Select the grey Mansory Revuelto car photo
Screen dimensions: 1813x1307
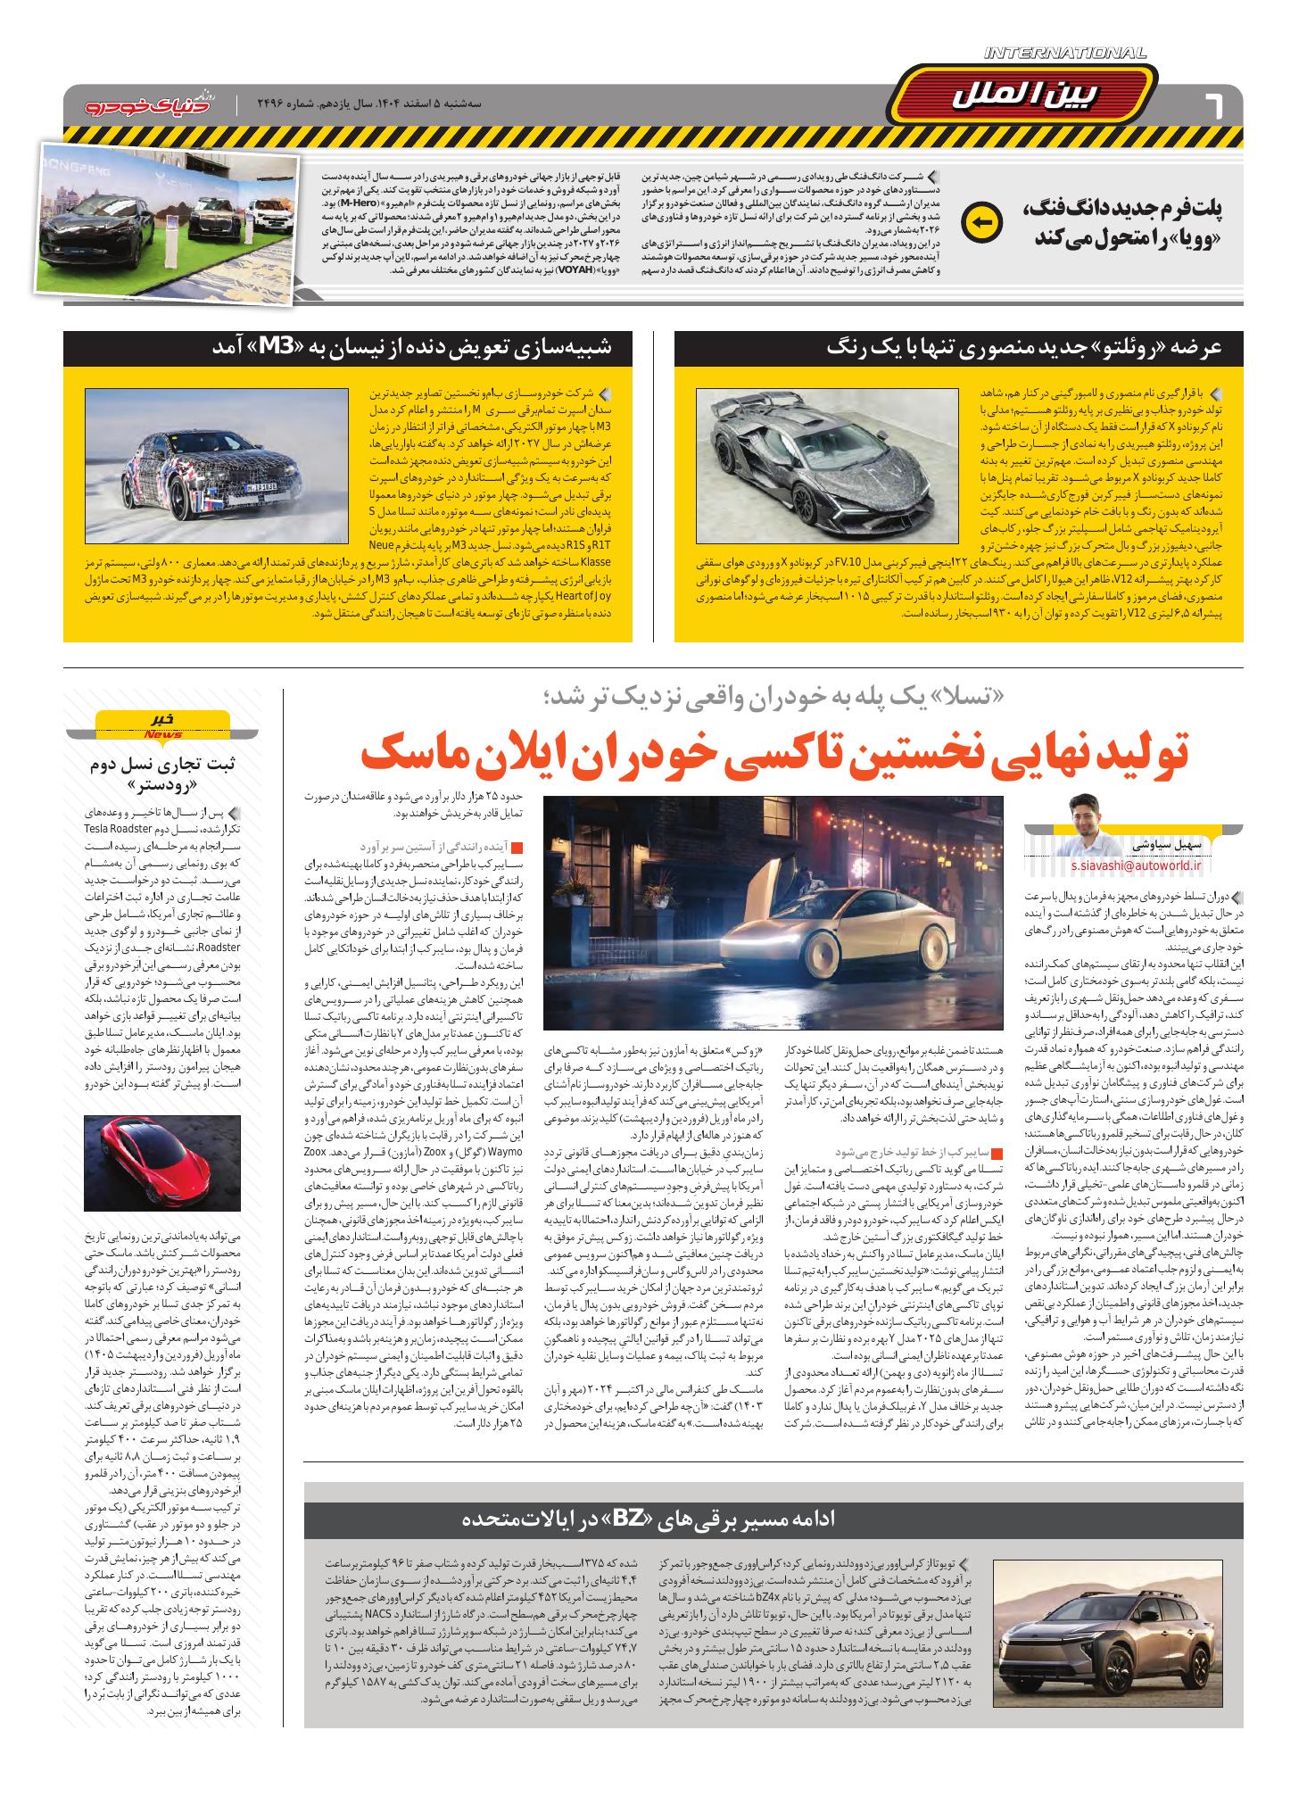(x=832, y=466)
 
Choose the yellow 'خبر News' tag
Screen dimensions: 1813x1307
(x=162, y=724)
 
